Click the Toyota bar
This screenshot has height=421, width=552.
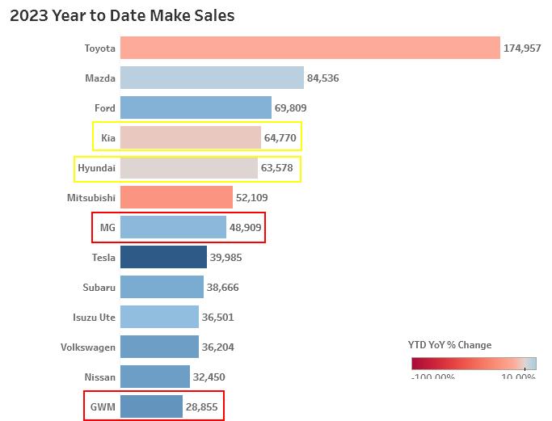pos(310,48)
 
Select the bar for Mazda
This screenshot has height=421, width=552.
pos(212,78)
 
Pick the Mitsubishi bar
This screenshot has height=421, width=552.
pos(176,198)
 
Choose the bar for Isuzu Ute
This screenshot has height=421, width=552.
pos(159,318)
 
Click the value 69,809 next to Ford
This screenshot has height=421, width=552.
pos(291,108)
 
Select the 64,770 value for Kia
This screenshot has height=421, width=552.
pos(280,138)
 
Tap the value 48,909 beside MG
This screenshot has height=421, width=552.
pos(246,228)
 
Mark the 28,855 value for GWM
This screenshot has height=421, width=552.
pos(202,407)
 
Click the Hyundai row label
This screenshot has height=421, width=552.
pos(96,168)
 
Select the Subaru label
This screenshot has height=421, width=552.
pos(99,288)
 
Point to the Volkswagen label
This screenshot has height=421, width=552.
pos(88,347)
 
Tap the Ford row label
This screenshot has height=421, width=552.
pos(105,108)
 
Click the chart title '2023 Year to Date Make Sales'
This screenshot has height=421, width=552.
pos(122,15)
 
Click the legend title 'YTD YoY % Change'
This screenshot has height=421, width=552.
pos(449,345)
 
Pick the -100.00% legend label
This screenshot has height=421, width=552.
pos(433,377)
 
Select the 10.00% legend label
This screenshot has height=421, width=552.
pos(518,377)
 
